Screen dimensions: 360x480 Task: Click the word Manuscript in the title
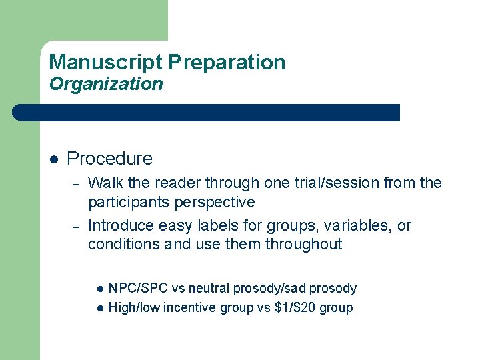pyautogui.click(x=105, y=63)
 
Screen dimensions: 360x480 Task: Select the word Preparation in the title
pyautogui.click(x=227, y=63)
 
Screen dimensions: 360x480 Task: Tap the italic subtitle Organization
pyautogui.click(x=106, y=84)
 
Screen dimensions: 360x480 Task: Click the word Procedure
pyautogui.click(x=109, y=159)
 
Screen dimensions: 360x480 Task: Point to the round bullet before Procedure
pyautogui.click(x=55, y=159)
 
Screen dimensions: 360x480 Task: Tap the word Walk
pyautogui.click(x=104, y=183)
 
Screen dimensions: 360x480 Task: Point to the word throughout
pyautogui.click(x=303, y=244)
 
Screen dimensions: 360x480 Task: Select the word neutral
pyautogui.click(x=211, y=289)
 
